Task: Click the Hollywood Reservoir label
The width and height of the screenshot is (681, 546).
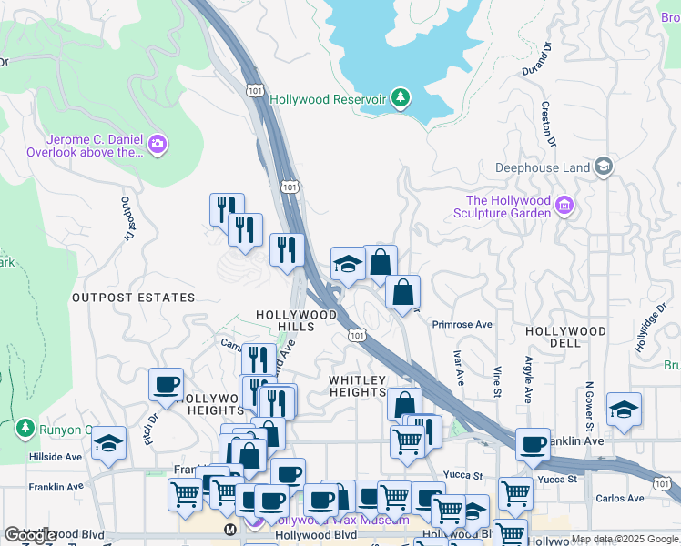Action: pos(329,99)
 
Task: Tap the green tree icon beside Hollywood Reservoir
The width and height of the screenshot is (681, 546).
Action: pos(401,98)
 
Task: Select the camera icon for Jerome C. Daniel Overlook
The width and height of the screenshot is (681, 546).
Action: pos(158,145)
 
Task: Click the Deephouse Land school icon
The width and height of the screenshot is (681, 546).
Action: pos(603,167)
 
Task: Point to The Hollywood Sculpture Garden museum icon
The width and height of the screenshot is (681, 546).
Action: pos(564,206)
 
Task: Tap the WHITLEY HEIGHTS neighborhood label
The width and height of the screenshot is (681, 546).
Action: pos(358,386)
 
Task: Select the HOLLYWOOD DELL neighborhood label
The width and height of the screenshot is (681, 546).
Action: pos(566,337)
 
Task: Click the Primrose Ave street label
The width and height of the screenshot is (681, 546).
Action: pos(462,324)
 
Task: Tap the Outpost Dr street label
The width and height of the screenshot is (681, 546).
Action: pos(126,219)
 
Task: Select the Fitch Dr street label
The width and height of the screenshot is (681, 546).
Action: pos(152,430)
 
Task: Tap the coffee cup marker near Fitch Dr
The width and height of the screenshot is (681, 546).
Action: pos(166,385)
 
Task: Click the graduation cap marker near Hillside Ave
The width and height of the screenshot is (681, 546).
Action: pos(108,443)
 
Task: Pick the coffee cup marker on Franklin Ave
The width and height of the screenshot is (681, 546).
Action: pos(533,444)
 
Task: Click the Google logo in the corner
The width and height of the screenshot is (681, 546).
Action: pos(31,535)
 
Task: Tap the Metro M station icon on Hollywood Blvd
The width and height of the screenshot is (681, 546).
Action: pos(231,528)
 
